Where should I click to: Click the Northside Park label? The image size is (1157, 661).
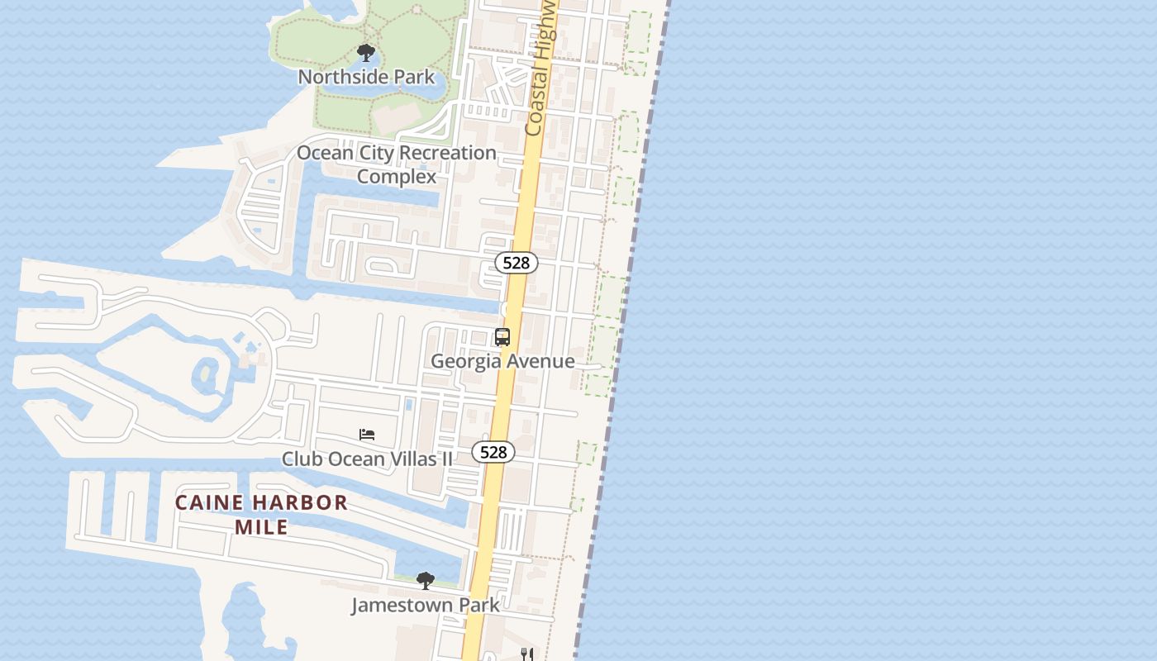pos(366,77)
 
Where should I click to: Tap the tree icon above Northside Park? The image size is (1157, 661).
pos(366,54)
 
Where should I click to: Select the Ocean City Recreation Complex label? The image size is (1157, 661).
pos(397,164)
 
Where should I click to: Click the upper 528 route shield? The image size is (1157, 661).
pos(517,263)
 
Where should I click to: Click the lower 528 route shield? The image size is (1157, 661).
pos(493,452)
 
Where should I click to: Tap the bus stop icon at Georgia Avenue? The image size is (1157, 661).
pos(502,337)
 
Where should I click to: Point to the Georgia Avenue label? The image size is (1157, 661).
pos(502,361)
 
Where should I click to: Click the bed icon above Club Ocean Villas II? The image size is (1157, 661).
pos(367,435)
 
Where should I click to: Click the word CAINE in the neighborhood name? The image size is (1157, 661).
pos(210,502)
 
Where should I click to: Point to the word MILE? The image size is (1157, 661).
pos(261,527)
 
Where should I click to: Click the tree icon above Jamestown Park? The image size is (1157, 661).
pos(425,581)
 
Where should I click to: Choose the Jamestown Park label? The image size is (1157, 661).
pos(425,605)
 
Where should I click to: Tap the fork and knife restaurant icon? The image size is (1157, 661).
pos(526,654)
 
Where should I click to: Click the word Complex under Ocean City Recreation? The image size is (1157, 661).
pos(397,177)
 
